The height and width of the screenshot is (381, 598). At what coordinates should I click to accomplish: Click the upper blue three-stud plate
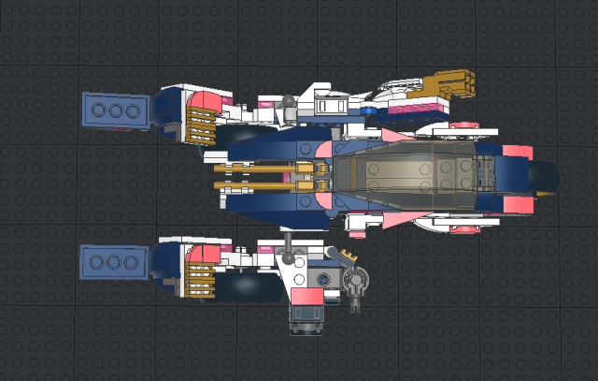coord(115,110)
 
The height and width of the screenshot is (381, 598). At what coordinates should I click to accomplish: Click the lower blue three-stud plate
coord(115,262)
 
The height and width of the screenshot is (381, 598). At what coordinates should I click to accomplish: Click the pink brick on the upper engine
coord(210,100)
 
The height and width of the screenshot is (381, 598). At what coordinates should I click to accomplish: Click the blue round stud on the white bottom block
coord(323,278)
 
